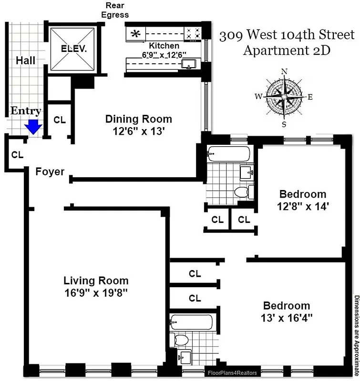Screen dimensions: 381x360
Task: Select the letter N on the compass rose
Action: click(x=285, y=72)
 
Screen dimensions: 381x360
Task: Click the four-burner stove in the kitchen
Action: click(x=193, y=33)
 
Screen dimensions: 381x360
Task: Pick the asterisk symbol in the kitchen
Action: click(x=136, y=34)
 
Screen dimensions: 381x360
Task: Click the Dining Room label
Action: click(x=138, y=119)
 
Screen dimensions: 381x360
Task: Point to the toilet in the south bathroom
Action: click(x=181, y=339)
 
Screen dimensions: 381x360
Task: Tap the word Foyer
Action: click(x=50, y=171)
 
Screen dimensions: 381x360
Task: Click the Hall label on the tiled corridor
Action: click(x=25, y=60)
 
